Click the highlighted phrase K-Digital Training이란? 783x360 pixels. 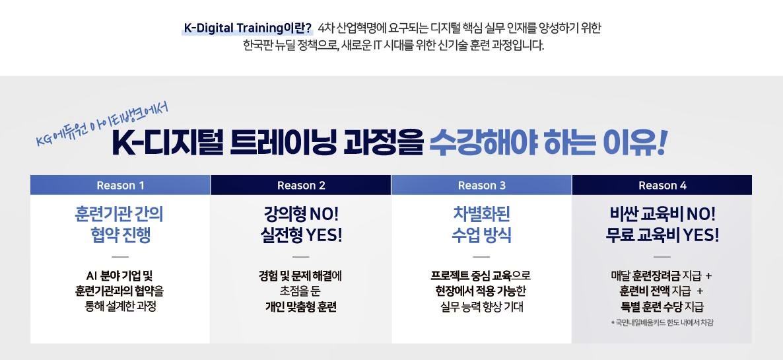click(248, 28)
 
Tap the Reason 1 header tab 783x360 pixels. click(120, 185)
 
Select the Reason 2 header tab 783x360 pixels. click(301, 185)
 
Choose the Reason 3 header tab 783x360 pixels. click(482, 185)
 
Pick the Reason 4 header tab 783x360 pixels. click(662, 185)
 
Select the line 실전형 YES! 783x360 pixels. click(301, 235)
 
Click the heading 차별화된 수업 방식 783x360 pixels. click(482, 225)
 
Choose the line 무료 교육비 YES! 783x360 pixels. click(662, 235)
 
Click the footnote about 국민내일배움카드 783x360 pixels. click(662, 322)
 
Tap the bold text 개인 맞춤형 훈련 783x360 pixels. click(301, 306)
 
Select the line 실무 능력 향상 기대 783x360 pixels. click(482, 306)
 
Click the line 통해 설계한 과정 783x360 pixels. click(120, 306)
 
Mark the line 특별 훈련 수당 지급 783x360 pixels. click(662, 306)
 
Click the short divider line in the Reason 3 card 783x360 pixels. click(482, 257)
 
